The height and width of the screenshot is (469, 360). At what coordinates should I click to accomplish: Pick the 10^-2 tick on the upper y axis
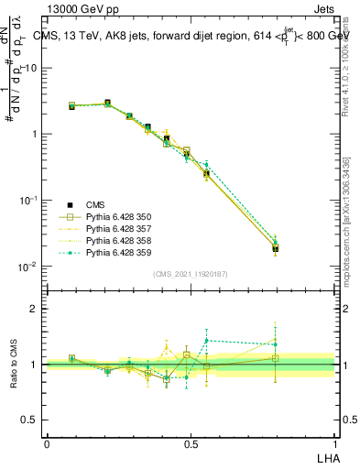click(x=30, y=267)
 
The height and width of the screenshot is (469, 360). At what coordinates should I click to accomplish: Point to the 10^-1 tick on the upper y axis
click(x=30, y=201)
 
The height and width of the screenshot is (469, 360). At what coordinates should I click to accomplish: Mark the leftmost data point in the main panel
click(x=71, y=106)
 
